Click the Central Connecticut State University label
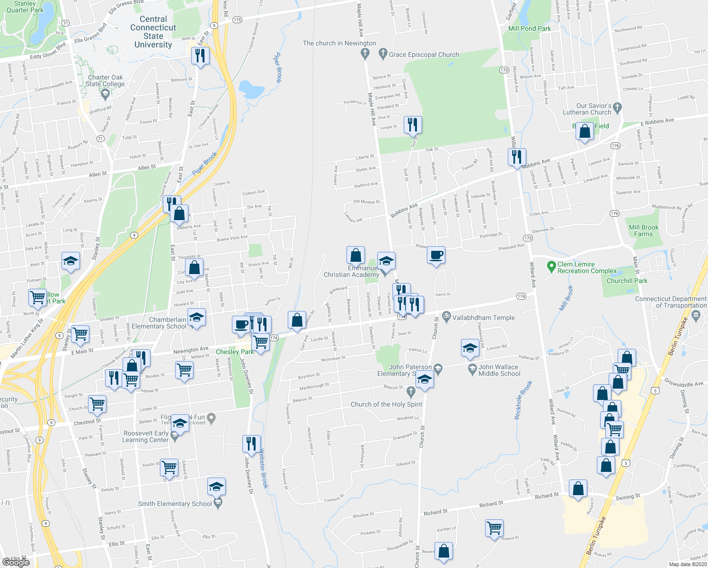(153, 32)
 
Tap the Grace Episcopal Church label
(424, 54)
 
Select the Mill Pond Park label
(529, 28)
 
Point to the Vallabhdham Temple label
(483, 318)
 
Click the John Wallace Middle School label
(499, 370)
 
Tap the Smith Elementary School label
(175, 504)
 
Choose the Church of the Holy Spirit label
(386, 404)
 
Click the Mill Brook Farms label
(643, 231)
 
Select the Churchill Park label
(627, 281)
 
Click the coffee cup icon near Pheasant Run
(436, 255)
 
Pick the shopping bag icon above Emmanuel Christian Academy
(355, 255)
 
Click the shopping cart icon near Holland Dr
(494, 527)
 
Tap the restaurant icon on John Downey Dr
(251, 443)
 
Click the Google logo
(16, 562)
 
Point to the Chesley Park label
(235, 352)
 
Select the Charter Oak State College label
(105, 80)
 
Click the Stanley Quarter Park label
(25, 7)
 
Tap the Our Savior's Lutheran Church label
(587, 109)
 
